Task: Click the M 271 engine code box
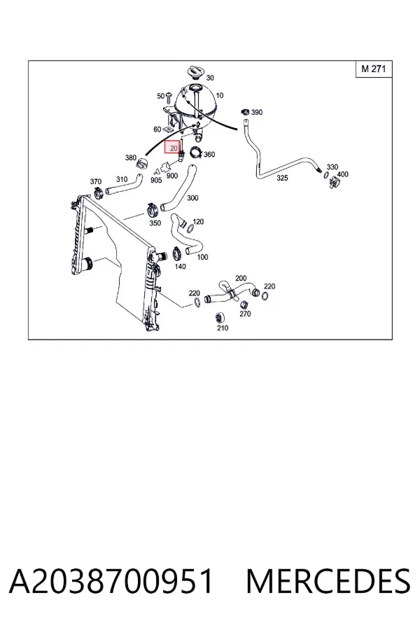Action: [374, 69]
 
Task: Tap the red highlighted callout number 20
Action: [174, 148]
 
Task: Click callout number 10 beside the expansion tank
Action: [219, 95]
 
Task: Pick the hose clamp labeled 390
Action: [245, 111]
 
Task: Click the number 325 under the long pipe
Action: [282, 178]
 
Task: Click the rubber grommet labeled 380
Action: [143, 164]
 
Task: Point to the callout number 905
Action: [156, 181]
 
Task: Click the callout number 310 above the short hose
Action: [121, 179]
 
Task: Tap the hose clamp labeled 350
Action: [152, 209]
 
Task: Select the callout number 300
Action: [192, 197]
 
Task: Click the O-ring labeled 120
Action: [191, 228]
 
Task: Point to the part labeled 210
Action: [219, 317]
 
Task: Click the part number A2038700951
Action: [111, 581]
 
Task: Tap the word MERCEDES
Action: [328, 581]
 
